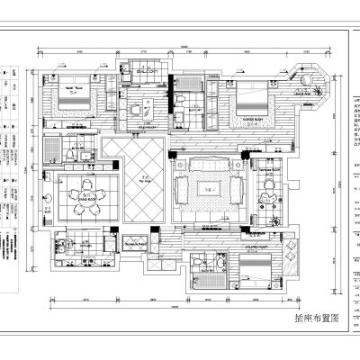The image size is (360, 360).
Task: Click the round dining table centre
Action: (x=85, y=194)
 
